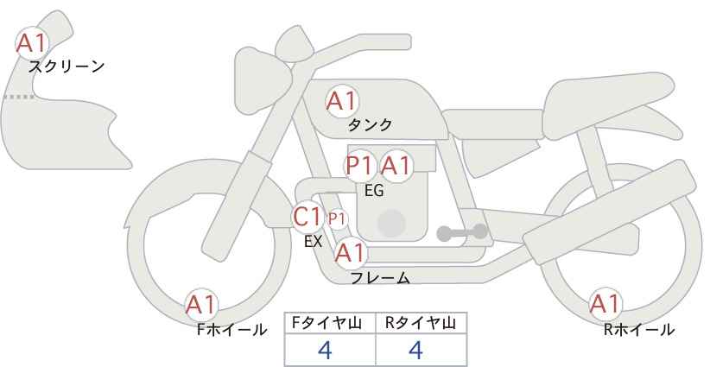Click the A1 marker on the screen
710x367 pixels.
point(32,43)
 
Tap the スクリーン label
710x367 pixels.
point(67,67)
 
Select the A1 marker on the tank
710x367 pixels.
point(342,101)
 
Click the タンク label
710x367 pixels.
point(370,125)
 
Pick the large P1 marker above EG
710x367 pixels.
point(361,166)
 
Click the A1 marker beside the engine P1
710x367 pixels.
point(396,166)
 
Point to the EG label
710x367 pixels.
point(374,191)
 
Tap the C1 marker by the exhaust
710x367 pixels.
point(307,217)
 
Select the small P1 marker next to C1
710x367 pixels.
point(337,219)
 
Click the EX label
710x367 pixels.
point(314,242)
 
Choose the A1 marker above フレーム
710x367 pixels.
point(351,253)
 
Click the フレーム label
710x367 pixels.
point(380,278)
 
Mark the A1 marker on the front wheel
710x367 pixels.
point(202,305)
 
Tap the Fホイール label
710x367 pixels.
point(231,330)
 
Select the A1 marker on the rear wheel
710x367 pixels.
point(605,304)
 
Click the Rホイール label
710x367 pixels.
point(639,330)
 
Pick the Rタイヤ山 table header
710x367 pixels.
point(421,323)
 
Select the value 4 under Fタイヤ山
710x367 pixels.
point(325,350)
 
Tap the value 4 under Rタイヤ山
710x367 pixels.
point(415,350)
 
